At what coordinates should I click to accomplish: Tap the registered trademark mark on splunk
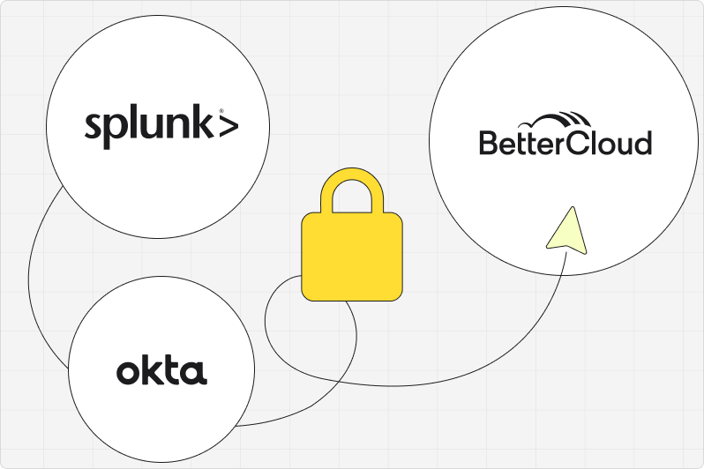tap(208, 111)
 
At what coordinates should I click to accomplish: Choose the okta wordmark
tap(161, 371)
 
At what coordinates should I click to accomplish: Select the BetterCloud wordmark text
tap(565, 143)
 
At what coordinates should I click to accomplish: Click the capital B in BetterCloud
tap(488, 143)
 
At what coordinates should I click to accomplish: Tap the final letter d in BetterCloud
tap(644, 143)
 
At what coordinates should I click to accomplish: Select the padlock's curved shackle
tap(352, 190)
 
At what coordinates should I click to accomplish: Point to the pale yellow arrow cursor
tap(563, 229)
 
